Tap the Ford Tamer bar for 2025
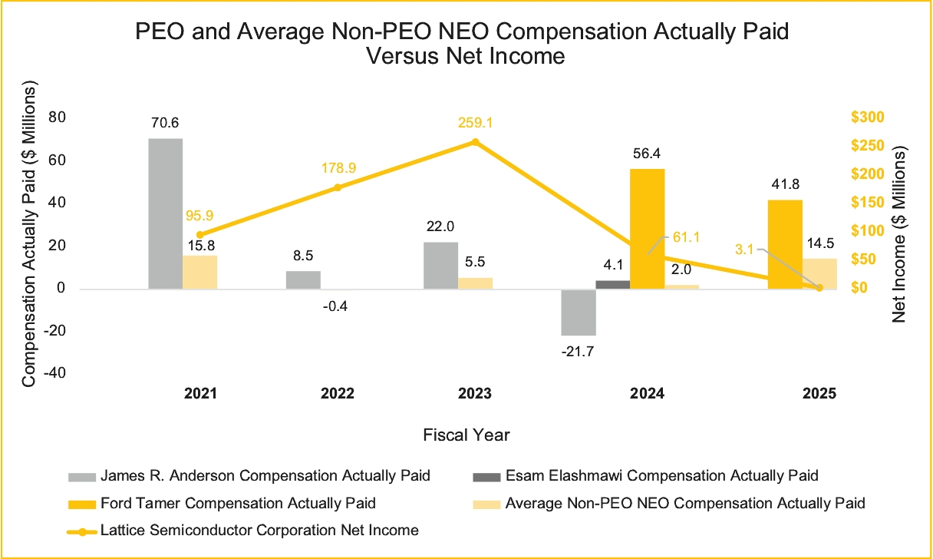click(785, 244)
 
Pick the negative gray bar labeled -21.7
click(579, 312)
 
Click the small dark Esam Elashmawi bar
click(612, 285)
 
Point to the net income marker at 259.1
click(475, 141)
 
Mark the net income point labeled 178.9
click(338, 187)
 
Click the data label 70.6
click(165, 121)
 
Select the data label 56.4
click(647, 153)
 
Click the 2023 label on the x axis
click(475, 393)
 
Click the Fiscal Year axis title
click(466, 435)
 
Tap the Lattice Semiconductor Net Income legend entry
click(259, 531)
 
